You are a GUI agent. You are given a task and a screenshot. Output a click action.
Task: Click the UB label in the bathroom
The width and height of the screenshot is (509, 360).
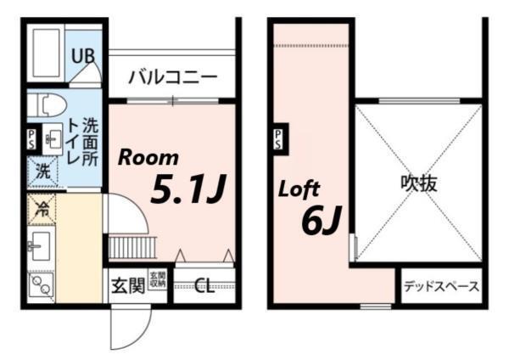tap(82, 56)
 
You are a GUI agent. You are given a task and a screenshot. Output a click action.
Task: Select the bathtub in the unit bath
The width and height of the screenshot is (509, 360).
tap(44, 53)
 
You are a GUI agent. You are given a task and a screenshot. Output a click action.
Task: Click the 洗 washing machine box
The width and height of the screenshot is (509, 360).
tap(40, 172)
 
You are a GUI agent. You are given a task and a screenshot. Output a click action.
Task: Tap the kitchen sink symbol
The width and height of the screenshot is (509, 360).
tap(39, 246)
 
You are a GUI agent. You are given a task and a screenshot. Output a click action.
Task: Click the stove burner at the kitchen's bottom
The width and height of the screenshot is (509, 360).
tap(39, 284)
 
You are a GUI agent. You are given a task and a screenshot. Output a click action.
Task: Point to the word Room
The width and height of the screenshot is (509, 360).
tap(148, 157)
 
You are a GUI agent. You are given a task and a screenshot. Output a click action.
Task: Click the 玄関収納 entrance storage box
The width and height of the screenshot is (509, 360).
tap(159, 281)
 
